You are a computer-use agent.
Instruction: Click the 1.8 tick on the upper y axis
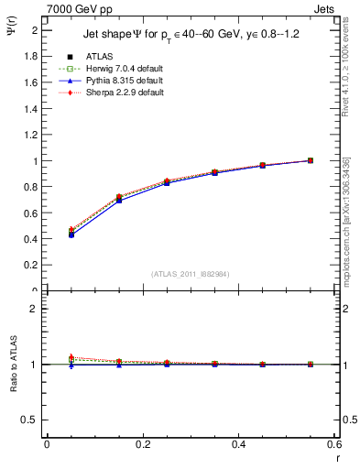tap(33, 56)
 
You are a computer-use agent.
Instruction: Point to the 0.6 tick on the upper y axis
tap(33, 213)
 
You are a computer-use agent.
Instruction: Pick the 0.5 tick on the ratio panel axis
tap(32, 420)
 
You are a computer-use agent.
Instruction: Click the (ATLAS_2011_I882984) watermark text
tap(191, 275)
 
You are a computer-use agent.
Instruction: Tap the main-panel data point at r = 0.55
tap(311, 160)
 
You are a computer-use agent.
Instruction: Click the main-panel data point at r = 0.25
tap(166, 182)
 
